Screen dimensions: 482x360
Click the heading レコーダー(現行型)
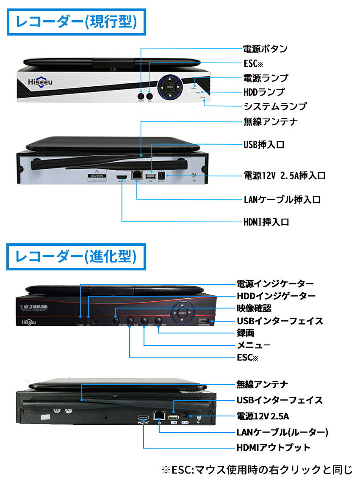[76, 22]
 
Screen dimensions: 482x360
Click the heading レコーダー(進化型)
[76, 256]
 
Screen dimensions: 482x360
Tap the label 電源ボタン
[265, 49]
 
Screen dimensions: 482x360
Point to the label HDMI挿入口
[266, 222]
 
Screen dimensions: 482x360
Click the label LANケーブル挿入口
[282, 200]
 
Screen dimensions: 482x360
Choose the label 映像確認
[254, 308]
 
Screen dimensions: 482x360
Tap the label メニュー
[253, 345]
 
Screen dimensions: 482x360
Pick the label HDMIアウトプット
[273, 448]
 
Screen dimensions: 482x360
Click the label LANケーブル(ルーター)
[282, 432]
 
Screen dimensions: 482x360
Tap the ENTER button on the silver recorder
[170, 87]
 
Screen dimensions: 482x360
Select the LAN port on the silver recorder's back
[137, 174]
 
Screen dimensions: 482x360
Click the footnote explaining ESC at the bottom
[257, 469]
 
